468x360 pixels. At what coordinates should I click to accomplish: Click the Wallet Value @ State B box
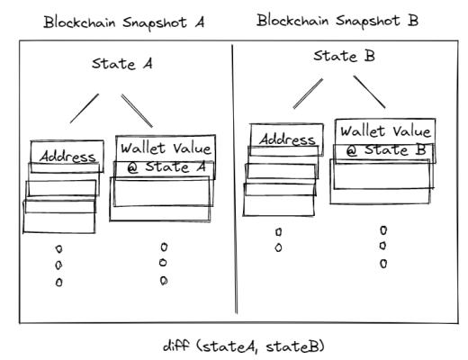385,139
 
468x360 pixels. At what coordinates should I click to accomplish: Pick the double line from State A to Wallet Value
138,111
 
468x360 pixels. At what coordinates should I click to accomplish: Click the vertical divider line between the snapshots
235,180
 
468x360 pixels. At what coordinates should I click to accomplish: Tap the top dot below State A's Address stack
59,248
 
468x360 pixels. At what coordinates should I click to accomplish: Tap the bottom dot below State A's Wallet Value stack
164,280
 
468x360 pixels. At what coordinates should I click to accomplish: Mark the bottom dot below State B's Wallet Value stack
382,264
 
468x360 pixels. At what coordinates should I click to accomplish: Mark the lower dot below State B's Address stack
278,247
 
